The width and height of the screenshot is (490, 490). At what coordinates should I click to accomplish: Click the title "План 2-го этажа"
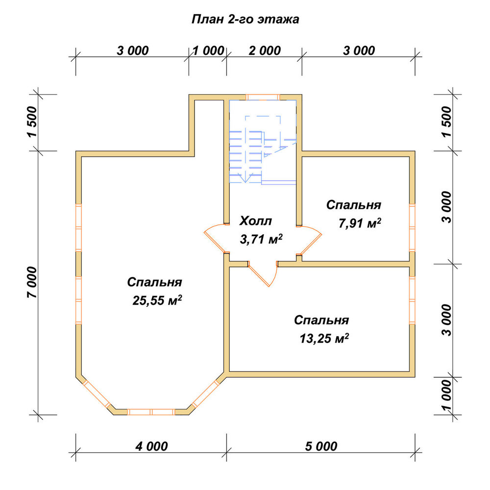245,20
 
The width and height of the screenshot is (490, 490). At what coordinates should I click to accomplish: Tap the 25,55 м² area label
157,300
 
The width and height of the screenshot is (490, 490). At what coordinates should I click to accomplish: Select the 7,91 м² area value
360,223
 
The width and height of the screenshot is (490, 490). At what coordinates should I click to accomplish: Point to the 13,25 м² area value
324,339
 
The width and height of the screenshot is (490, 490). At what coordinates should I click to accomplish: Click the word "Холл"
256,221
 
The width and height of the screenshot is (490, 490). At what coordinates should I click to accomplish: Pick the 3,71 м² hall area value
261,239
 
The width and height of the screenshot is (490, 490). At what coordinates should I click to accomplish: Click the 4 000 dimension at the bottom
151,446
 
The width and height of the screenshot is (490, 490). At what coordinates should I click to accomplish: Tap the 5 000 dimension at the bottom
321,446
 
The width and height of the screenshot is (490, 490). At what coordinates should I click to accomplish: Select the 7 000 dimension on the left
32,282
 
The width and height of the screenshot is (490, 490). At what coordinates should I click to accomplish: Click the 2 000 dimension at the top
265,50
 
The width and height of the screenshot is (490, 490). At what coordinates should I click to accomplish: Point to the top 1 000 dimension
208,50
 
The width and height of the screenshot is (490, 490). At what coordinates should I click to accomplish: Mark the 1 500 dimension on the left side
32,122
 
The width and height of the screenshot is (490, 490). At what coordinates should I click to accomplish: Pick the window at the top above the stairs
263,97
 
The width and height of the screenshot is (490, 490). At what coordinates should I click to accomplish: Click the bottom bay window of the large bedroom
151,412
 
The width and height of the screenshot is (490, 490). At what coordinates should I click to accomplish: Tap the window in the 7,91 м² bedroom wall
412,228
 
